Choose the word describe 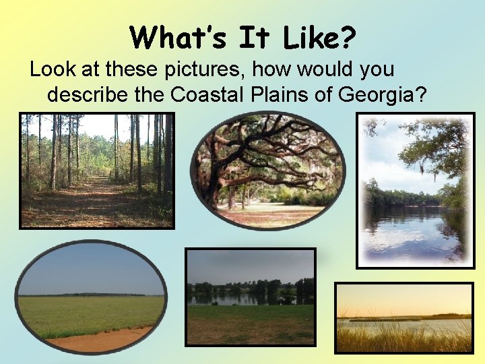[86, 94]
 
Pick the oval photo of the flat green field [91, 297]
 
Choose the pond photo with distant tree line [250, 297]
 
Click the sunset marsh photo [404, 317]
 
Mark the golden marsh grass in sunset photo [404, 337]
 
